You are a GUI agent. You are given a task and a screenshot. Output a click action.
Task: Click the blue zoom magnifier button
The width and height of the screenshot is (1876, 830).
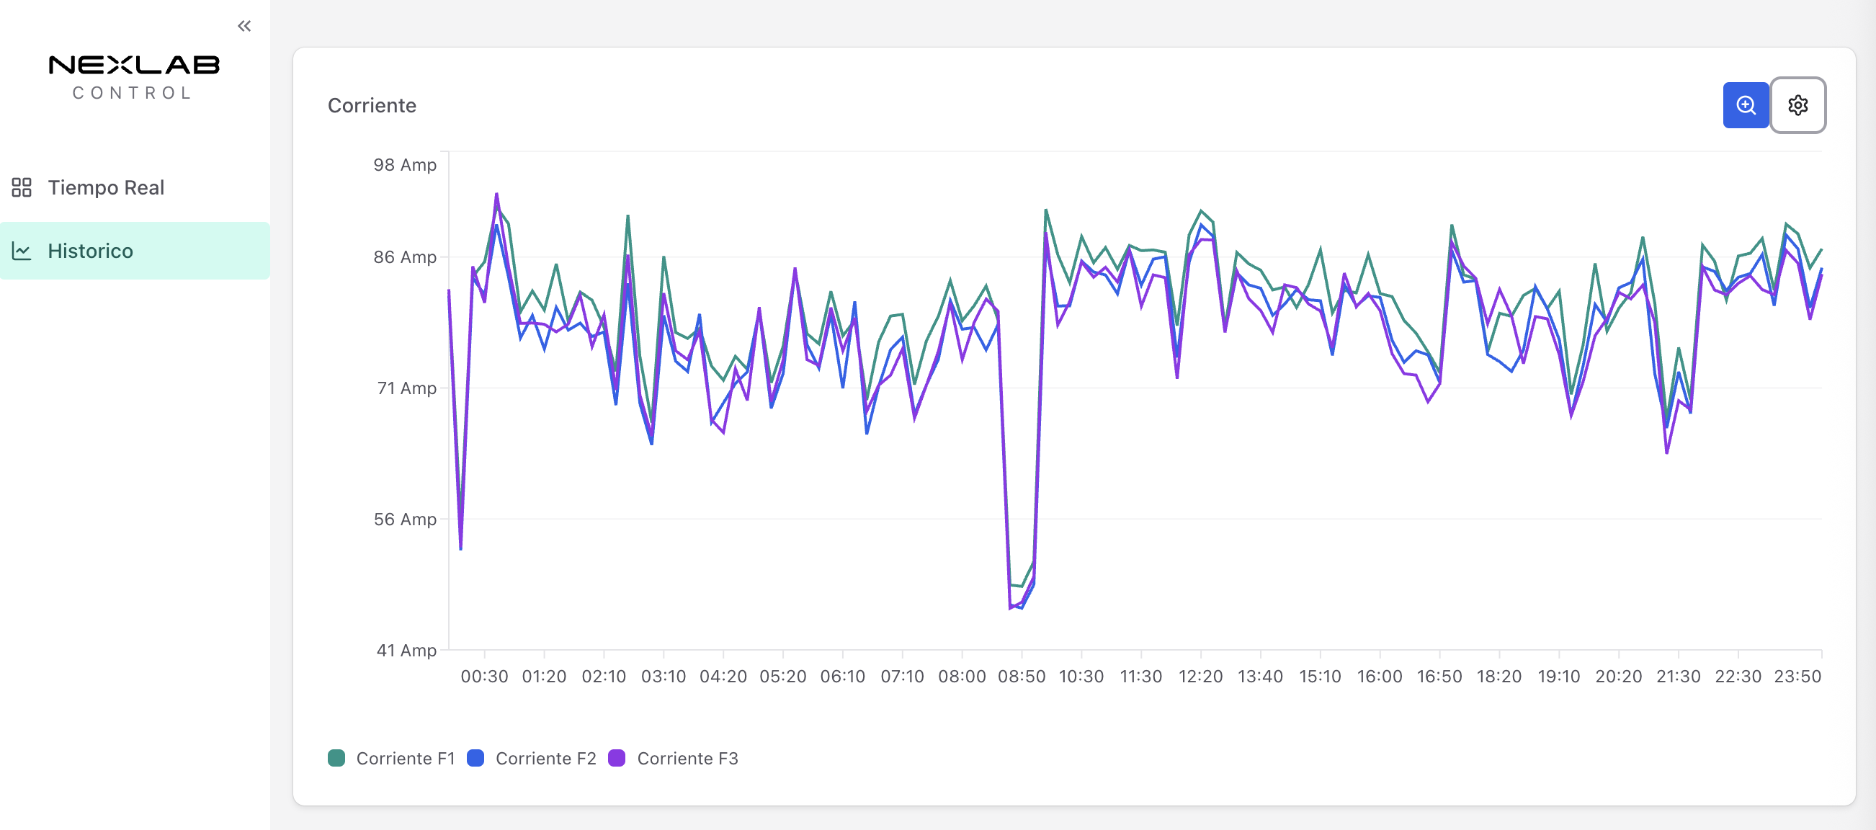coord(1745,106)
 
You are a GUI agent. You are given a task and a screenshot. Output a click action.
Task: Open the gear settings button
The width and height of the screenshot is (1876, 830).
coord(1797,106)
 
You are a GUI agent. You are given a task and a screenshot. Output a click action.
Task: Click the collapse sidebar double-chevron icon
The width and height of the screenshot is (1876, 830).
coord(244,26)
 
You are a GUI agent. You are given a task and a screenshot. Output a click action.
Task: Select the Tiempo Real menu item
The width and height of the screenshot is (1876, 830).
coord(106,188)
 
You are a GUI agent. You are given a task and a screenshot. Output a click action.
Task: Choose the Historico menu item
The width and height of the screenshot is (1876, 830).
coord(90,251)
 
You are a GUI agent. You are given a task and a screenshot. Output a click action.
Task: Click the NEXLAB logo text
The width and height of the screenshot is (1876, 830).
coord(134,66)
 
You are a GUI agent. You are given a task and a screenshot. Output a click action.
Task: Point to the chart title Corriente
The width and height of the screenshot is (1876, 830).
coord(372,106)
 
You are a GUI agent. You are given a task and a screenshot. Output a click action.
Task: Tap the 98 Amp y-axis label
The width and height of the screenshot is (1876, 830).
coord(405,165)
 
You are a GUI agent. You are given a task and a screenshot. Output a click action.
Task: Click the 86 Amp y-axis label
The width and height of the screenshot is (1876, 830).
coord(405,257)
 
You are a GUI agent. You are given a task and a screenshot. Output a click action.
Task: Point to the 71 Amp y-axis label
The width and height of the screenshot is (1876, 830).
coord(406,388)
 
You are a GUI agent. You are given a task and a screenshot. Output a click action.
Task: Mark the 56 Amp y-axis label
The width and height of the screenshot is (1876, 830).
coord(405,519)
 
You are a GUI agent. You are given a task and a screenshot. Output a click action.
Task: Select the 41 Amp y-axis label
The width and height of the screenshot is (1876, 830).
coord(406,650)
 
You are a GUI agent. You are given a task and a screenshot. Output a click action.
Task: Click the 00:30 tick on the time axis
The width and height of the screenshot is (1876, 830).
coord(484,677)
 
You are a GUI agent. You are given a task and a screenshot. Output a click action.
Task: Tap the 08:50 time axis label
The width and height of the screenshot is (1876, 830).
coord(1021,677)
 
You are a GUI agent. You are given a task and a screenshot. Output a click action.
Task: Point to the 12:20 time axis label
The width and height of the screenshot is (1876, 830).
coord(1200,677)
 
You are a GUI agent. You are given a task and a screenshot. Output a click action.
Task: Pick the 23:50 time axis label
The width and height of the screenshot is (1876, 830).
coord(1797,677)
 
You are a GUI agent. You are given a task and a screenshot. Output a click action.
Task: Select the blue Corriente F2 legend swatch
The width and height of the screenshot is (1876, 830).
coord(475,759)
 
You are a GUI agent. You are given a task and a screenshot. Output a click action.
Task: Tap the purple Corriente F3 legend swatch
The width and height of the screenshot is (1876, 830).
coord(617,759)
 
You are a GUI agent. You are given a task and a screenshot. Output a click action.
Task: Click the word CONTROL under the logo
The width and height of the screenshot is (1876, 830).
coord(133,93)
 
